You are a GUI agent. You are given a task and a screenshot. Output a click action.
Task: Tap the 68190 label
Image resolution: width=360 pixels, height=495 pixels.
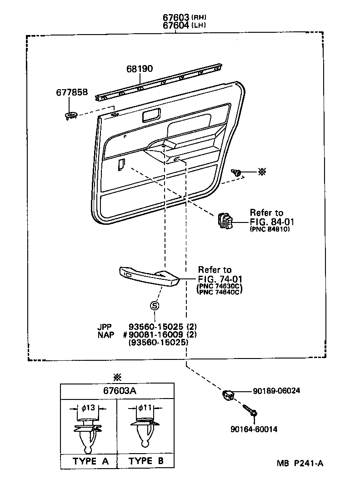pos(140,69)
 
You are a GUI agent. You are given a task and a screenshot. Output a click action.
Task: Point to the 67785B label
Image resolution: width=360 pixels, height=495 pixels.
pos(72,93)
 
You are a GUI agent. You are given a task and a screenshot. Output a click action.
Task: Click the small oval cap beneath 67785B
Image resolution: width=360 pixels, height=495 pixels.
pos(71,116)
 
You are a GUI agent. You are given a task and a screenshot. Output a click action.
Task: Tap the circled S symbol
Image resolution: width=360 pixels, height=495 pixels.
pos(154,306)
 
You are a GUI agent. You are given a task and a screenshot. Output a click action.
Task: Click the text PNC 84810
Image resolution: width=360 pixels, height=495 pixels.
pos(270,229)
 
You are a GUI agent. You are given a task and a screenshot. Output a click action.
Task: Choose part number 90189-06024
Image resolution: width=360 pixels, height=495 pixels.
pos(277,391)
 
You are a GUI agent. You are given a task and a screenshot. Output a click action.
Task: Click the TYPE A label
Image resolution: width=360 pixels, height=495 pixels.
pos(90,461)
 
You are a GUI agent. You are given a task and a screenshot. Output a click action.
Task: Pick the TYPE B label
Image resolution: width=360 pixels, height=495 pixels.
pos(146,461)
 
